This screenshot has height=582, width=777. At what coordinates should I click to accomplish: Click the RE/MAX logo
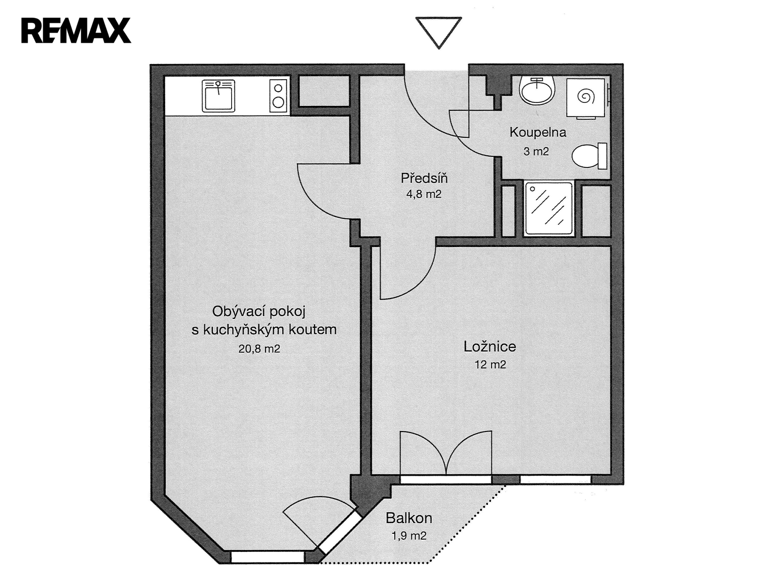[76, 31]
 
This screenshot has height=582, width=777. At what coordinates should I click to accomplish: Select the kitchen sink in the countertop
[219, 96]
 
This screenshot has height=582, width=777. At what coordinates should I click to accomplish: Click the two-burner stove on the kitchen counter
[278, 96]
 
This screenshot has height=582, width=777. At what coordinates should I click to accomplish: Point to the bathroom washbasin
[537, 90]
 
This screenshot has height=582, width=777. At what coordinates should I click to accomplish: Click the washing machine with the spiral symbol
[586, 98]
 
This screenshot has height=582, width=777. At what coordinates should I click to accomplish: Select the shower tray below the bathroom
[549, 208]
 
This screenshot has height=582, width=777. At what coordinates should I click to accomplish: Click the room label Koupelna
[538, 133]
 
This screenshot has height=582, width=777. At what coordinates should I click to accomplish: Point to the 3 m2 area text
[536, 151]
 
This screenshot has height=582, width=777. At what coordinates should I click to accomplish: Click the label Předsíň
[424, 178]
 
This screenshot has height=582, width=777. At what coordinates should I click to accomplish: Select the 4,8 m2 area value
[424, 194]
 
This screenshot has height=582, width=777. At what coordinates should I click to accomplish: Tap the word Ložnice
[490, 347]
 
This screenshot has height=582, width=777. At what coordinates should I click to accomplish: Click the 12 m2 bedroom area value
[490, 365]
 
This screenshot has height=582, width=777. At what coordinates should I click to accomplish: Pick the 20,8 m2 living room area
[259, 349]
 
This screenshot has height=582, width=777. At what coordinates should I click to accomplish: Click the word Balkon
[409, 518]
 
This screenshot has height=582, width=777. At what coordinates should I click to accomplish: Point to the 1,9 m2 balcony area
[409, 536]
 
